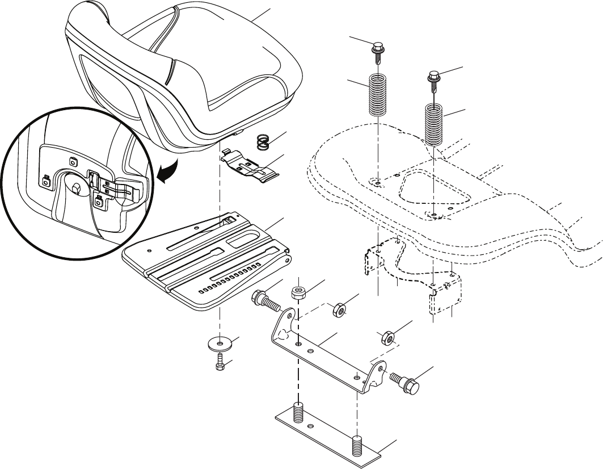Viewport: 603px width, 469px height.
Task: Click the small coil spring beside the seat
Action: click(262, 141)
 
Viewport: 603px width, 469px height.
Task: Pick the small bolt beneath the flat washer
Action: click(220, 362)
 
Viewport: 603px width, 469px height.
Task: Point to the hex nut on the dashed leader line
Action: click(338, 309)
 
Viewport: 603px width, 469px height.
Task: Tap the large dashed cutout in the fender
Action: click(434, 189)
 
